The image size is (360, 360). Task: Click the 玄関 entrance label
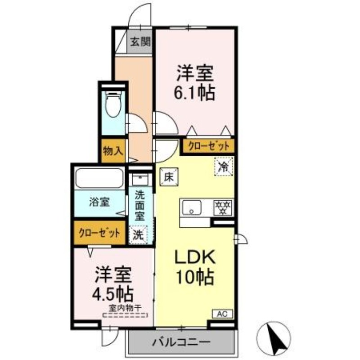click(x=140, y=43)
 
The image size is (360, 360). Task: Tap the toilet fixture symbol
click(x=112, y=104)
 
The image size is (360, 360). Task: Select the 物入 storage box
click(x=113, y=151)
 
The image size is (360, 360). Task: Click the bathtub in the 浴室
click(x=99, y=178)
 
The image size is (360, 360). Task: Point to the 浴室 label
click(x=99, y=202)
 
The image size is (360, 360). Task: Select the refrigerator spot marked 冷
click(x=223, y=166)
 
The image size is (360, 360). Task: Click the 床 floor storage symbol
click(x=168, y=176)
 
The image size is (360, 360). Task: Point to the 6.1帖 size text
click(x=195, y=93)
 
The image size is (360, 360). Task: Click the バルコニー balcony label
click(x=182, y=342)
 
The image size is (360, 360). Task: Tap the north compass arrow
click(x=275, y=338)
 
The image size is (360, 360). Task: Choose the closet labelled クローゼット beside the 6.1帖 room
click(x=208, y=146)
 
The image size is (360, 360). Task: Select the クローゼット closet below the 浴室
click(x=99, y=233)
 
